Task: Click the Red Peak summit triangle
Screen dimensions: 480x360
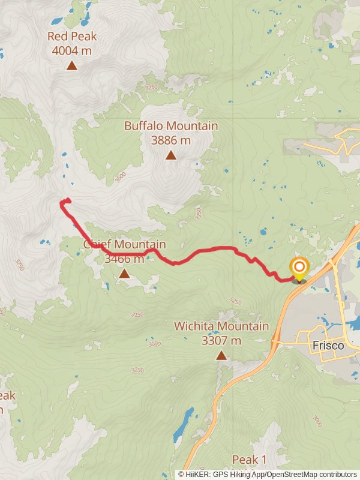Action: point(72,65)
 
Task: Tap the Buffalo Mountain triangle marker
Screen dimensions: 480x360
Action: point(171,155)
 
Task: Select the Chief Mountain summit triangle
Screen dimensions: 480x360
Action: point(124,274)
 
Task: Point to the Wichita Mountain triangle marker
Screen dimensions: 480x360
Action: point(221,355)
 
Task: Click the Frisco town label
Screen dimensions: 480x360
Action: point(328,346)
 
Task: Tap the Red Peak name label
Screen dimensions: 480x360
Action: point(72,37)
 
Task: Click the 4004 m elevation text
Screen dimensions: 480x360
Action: point(72,50)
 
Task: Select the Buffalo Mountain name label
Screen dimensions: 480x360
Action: point(171,126)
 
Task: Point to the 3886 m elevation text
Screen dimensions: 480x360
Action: point(171,140)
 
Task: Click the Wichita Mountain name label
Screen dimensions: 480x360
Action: point(221,326)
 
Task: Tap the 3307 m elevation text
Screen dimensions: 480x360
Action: point(221,340)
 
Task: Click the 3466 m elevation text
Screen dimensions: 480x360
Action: point(124,259)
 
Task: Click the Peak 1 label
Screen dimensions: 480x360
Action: point(249,460)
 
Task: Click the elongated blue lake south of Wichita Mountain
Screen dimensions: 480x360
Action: point(183,424)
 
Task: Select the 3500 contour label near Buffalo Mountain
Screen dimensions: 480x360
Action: point(122,176)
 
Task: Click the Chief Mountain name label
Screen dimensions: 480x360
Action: point(124,244)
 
